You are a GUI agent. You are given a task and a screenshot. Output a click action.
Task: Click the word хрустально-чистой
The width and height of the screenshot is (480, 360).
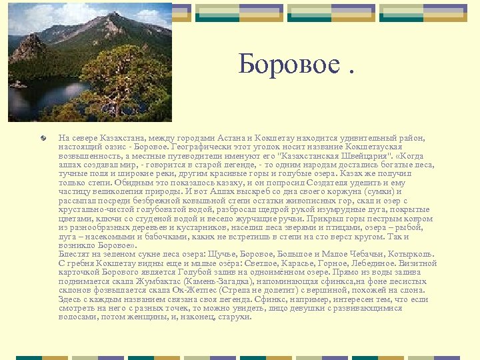(x=93, y=209)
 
